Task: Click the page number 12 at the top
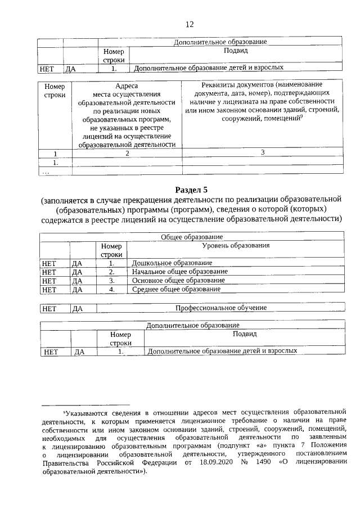coord(190,24)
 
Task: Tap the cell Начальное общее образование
coord(179,271)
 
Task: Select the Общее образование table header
coord(192,237)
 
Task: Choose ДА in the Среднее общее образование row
coord(77,289)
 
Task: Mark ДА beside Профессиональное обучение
coord(78,308)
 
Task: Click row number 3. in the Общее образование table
coord(111,280)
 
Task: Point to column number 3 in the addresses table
coord(262,153)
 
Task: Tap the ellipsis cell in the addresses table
coord(45,172)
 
